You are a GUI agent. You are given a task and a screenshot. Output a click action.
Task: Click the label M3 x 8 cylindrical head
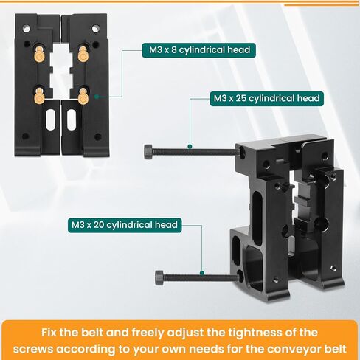196,51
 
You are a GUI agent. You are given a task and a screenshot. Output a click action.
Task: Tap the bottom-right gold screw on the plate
83,94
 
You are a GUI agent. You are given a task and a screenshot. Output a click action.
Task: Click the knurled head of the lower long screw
160,277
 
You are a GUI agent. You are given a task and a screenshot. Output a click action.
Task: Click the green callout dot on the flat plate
96,94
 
